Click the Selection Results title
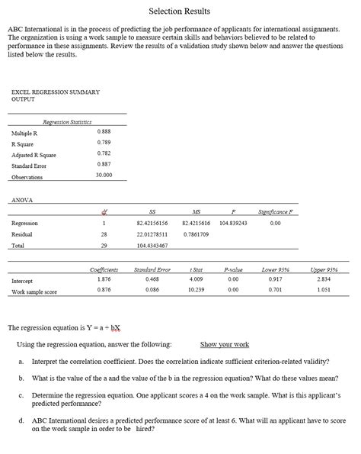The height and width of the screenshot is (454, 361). [x=180, y=11]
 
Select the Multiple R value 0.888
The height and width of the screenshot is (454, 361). [x=104, y=132]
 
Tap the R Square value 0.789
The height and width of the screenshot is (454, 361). [x=104, y=143]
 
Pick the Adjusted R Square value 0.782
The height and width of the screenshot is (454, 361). [x=104, y=153]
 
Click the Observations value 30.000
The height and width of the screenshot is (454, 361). [x=104, y=175]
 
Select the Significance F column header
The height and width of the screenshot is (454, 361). [x=275, y=211]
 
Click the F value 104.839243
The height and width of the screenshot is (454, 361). [x=232, y=223]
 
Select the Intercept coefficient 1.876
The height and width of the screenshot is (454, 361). [x=104, y=280]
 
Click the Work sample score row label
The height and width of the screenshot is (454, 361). [x=34, y=291]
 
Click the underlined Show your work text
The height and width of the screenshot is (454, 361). [x=225, y=345]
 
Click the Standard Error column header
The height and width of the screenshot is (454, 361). [x=152, y=269]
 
